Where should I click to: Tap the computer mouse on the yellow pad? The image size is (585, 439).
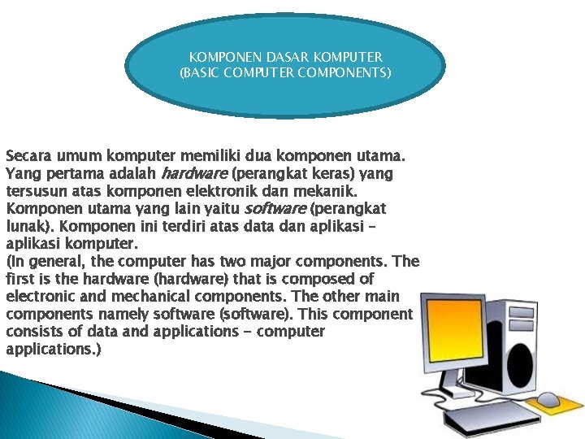(x=549, y=399)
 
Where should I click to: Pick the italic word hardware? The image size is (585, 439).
(x=196, y=173)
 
